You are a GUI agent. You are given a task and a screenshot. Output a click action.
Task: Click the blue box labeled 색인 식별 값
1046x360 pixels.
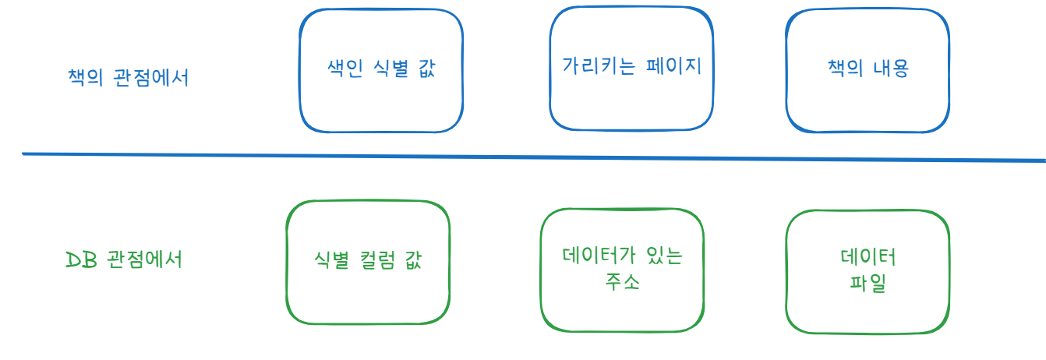[x=381, y=70]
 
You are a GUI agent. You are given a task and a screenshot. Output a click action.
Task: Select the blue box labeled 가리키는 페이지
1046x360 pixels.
[x=631, y=69]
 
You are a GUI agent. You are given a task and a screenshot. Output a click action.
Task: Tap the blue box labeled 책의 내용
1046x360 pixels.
[x=868, y=70]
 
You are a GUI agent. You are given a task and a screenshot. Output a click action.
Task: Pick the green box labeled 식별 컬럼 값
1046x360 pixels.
[x=368, y=261]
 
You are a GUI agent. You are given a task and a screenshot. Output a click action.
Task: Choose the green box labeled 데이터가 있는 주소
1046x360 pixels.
[x=622, y=269]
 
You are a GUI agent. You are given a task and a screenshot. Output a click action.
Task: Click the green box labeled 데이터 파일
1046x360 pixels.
[x=868, y=270]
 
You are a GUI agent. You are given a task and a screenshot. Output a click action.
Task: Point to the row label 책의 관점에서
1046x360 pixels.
[x=128, y=79]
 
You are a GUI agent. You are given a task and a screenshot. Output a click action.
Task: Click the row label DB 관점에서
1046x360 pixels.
[x=125, y=259]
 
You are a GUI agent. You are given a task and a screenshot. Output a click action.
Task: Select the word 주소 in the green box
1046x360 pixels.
[x=622, y=282]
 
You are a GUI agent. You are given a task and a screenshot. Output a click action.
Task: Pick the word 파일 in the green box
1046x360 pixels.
[x=868, y=284]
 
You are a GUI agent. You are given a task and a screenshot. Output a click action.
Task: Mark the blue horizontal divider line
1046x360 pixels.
[x=530, y=157]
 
